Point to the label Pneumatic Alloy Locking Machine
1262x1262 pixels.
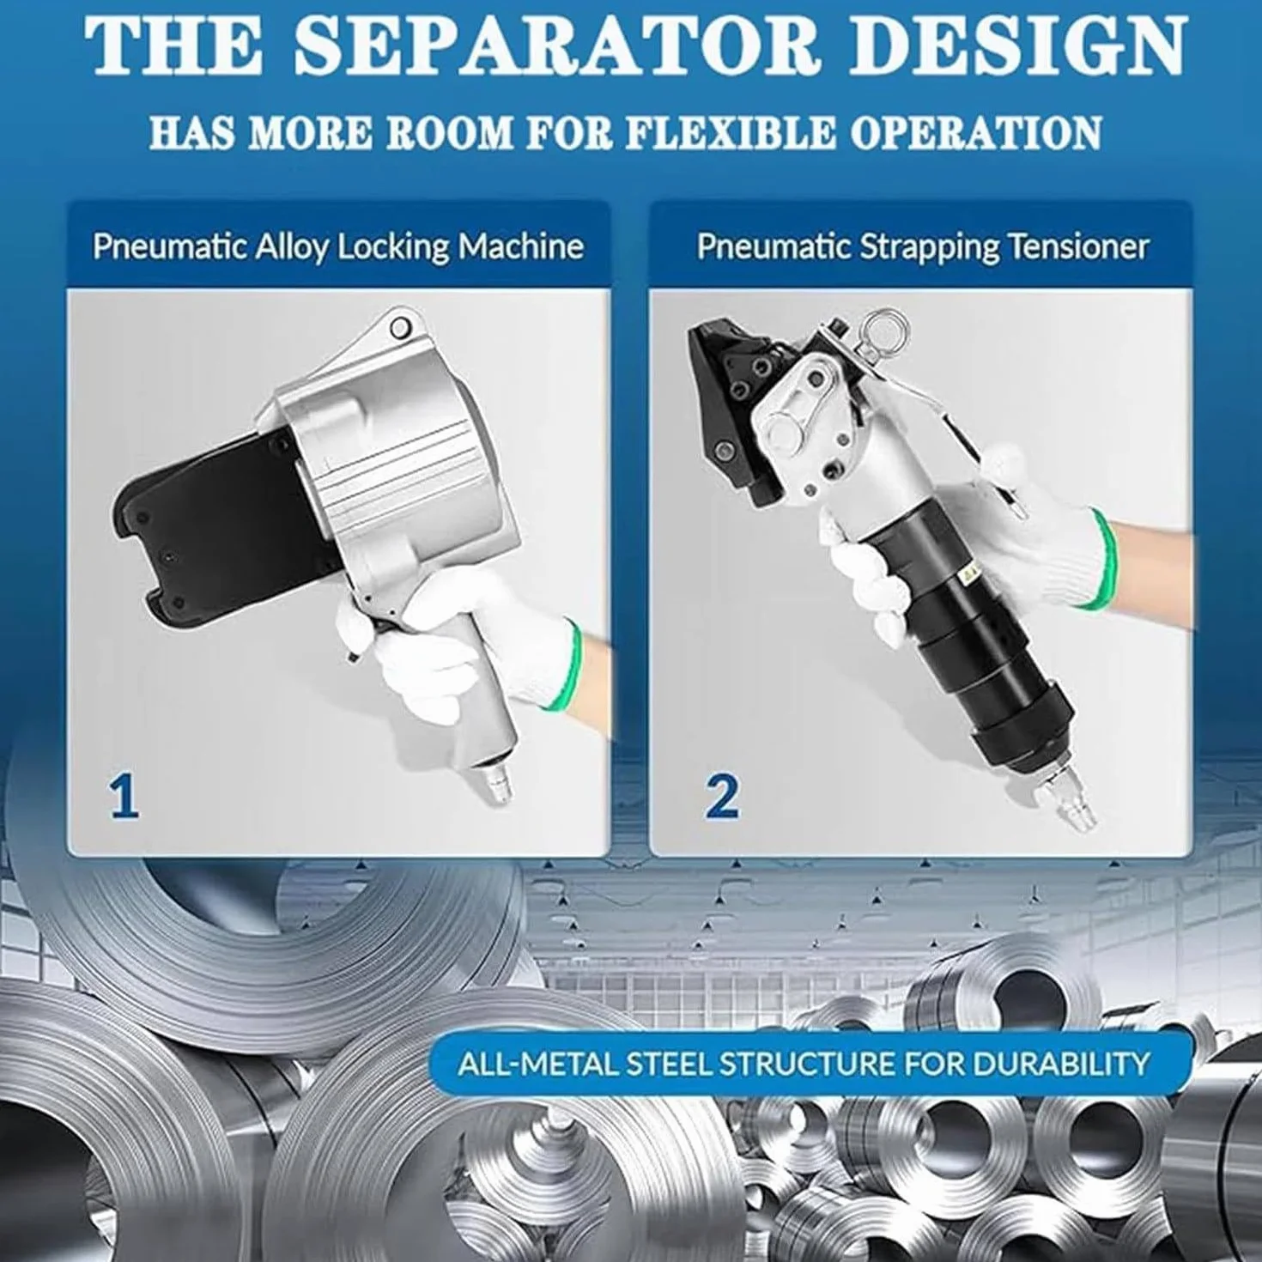pos(338,248)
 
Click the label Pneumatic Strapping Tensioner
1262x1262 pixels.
pos(923,248)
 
